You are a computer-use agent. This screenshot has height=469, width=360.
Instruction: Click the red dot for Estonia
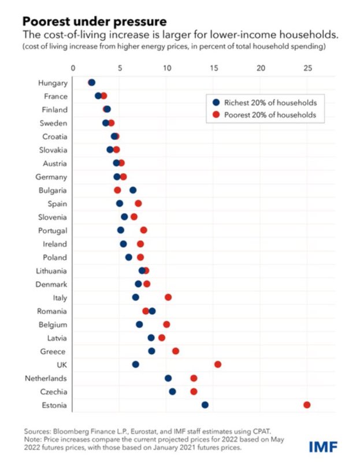[x=307, y=405]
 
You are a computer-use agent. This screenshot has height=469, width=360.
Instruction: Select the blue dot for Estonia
[x=205, y=405]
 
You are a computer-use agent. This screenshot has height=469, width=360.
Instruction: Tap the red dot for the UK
[x=218, y=364]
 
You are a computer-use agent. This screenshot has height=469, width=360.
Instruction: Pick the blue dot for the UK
[x=135, y=364]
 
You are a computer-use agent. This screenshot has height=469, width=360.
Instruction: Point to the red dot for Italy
[x=168, y=297]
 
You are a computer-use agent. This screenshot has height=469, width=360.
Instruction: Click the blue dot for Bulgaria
[x=133, y=190]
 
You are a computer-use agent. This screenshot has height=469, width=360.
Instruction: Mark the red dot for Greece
[x=176, y=351]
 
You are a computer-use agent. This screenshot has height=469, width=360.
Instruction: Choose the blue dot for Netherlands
[x=168, y=378]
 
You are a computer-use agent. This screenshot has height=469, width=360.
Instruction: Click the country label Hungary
[x=53, y=83]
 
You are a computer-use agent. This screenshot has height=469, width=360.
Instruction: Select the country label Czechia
[x=53, y=392]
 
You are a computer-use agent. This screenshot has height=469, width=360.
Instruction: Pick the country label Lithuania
[x=50, y=271]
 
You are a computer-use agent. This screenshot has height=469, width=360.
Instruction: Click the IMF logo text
[x=324, y=446]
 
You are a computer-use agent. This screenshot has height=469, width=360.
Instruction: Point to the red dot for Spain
[x=138, y=204]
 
